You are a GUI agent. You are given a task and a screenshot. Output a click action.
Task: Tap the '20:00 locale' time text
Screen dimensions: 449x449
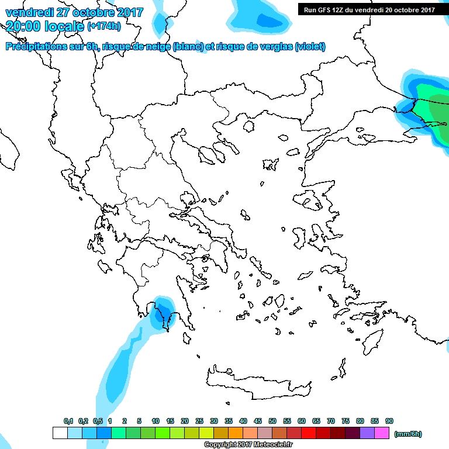[44, 26]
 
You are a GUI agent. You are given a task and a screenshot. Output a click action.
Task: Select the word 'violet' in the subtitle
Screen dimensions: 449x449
[310, 47]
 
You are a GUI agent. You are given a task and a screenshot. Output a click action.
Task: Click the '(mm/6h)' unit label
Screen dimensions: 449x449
[407, 434]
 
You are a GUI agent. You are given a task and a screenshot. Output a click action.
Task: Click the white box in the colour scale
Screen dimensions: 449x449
[60, 433]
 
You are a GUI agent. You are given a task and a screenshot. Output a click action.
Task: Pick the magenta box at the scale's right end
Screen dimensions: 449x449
[382, 433]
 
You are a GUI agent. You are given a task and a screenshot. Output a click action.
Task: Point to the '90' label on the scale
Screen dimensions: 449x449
[389, 421]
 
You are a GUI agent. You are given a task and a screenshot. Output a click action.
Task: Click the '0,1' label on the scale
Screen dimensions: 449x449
[68, 421]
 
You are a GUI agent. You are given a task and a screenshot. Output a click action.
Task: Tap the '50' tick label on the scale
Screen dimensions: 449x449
[272, 421]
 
